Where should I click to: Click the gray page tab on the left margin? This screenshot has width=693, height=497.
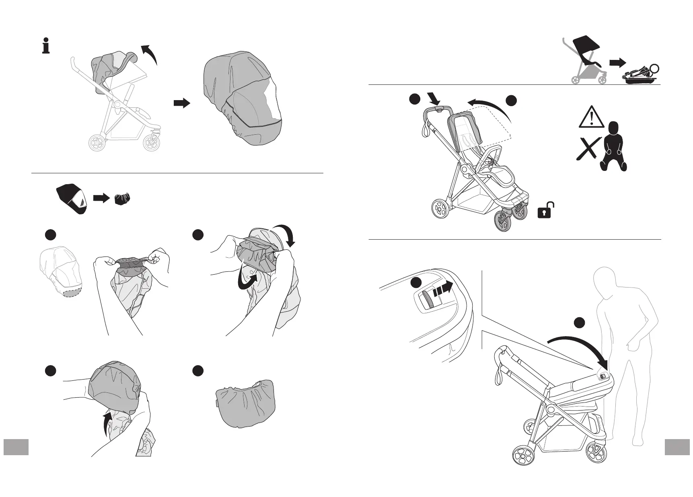pyautogui.click(x=16, y=447)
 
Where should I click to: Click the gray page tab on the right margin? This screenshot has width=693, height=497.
pyautogui.click(x=677, y=447)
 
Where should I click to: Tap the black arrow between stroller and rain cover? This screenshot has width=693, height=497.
pyautogui.click(x=181, y=103)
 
